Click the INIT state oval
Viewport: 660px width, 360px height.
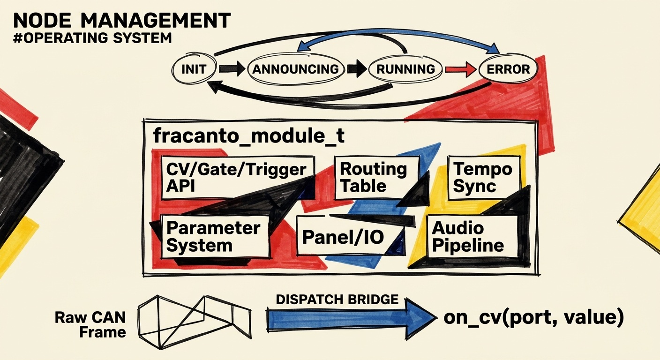coord(194,69)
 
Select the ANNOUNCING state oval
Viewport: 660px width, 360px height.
coord(295,69)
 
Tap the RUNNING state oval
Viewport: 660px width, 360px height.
coord(406,69)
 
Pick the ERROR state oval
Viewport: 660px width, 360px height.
coord(508,69)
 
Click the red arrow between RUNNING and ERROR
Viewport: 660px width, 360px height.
coord(459,69)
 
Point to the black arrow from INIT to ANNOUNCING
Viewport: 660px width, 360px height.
coord(232,69)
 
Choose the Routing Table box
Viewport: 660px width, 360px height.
coord(376,177)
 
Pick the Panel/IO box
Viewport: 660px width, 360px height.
coord(343,237)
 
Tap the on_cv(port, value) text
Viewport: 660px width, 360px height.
coord(533,318)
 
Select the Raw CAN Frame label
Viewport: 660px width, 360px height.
coord(90,325)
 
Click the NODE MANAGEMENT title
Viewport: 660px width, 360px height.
coord(122,21)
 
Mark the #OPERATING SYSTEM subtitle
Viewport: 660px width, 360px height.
coord(92,38)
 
